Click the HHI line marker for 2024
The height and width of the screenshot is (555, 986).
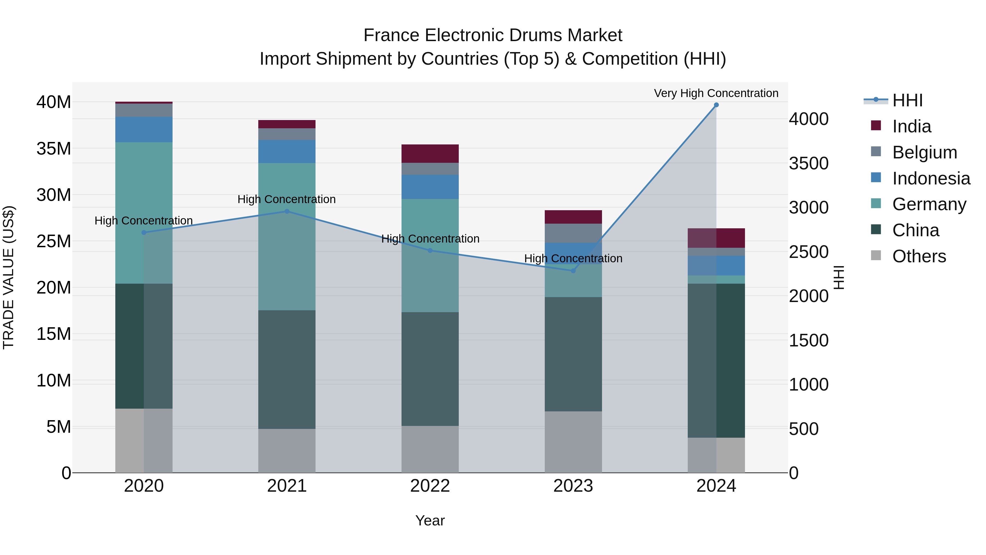coord(716,105)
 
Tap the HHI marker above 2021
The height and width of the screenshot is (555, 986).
coord(287,211)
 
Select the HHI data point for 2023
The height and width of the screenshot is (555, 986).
coord(573,271)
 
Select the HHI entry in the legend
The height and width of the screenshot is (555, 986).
coord(907,100)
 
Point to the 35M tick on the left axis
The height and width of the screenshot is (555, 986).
coord(54,149)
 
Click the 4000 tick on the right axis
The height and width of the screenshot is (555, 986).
coord(809,119)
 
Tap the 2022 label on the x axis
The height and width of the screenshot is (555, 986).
coord(430,486)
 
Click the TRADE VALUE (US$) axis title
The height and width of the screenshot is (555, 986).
coord(8,277)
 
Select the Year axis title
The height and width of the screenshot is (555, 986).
coord(430,520)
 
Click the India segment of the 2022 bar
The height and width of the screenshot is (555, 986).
coord(430,153)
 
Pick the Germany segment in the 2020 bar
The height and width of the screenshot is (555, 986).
coord(144,213)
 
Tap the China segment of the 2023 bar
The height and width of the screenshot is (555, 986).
coord(573,354)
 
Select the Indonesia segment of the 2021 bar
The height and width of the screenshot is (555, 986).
coord(287,151)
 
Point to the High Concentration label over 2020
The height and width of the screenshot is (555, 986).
coord(144,221)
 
